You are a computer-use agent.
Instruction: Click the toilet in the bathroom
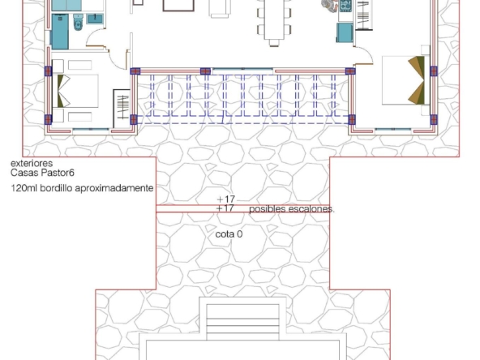tap(79, 23)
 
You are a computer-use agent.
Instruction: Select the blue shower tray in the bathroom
tap(60, 32)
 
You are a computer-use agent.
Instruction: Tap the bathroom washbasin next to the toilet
tap(95, 19)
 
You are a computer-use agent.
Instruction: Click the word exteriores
tap(32, 163)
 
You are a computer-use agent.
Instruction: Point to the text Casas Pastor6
tap(42, 173)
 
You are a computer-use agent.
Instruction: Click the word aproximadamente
tap(114, 188)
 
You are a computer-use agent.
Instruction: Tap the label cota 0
tap(229, 234)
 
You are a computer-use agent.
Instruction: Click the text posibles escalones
tap(292, 209)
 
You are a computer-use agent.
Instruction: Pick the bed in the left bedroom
tap(75, 91)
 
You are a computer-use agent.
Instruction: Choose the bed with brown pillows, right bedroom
tap(404, 80)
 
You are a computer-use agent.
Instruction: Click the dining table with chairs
tap(274, 20)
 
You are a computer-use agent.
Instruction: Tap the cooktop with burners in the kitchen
tap(345, 6)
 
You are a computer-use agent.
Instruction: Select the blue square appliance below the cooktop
tap(345, 32)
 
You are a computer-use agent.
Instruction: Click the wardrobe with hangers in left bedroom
tap(122, 108)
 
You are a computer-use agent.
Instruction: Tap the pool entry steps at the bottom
tap(242, 321)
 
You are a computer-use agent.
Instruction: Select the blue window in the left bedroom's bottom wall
tap(91, 130)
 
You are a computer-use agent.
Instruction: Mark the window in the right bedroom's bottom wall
tap(392, 130)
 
